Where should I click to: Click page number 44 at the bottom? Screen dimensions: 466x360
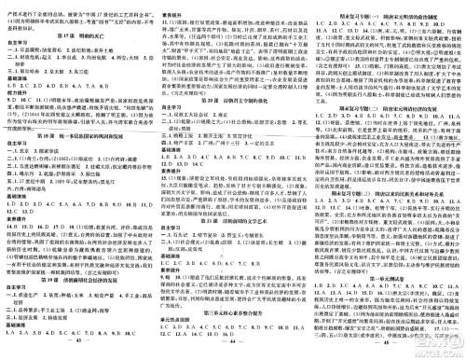coord(230,352)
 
